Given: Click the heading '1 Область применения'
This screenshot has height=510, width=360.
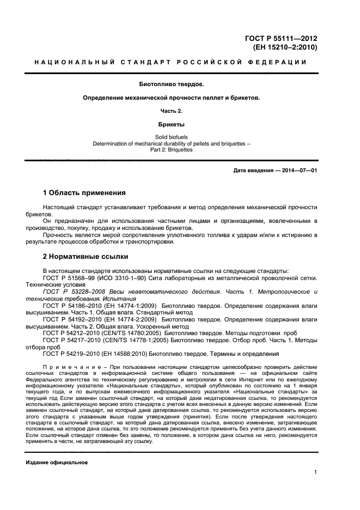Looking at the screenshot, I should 84,193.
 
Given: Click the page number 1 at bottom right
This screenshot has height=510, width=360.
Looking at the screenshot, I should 315,473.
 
